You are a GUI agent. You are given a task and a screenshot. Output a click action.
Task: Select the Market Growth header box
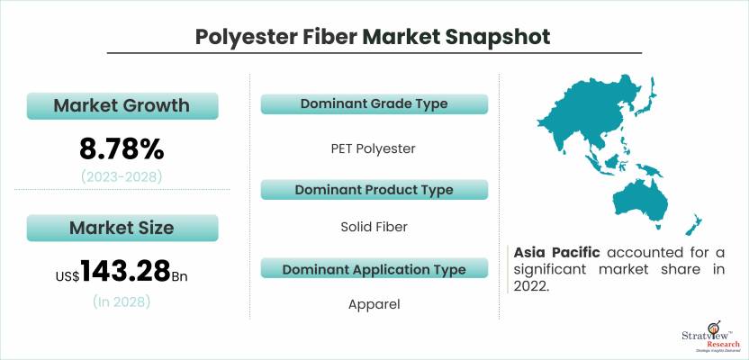click(122, 105)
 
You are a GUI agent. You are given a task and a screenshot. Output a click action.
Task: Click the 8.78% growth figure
click(122, 150)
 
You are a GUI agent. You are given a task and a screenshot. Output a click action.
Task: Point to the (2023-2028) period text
click(122, 177)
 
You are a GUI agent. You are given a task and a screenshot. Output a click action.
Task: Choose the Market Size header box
click(122, 228)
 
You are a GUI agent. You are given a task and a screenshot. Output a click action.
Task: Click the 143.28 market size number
click(126, 272)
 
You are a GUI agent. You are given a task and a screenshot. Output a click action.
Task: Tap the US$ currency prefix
click(68, 276)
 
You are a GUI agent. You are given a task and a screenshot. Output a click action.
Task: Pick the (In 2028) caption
click(122, 301)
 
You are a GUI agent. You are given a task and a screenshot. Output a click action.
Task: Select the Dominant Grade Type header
click(374, 104)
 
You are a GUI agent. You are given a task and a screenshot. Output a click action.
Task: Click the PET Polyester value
click(373, 149)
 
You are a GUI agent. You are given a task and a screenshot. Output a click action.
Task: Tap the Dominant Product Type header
click(374, 190)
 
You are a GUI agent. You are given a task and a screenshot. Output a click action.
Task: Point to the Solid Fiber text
click(374, 227)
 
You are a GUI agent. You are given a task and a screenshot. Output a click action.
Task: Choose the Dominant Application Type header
click(374, 269)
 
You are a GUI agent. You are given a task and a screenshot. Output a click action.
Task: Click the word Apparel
click(374, 304)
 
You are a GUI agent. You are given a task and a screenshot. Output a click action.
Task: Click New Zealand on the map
click(693, 225)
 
